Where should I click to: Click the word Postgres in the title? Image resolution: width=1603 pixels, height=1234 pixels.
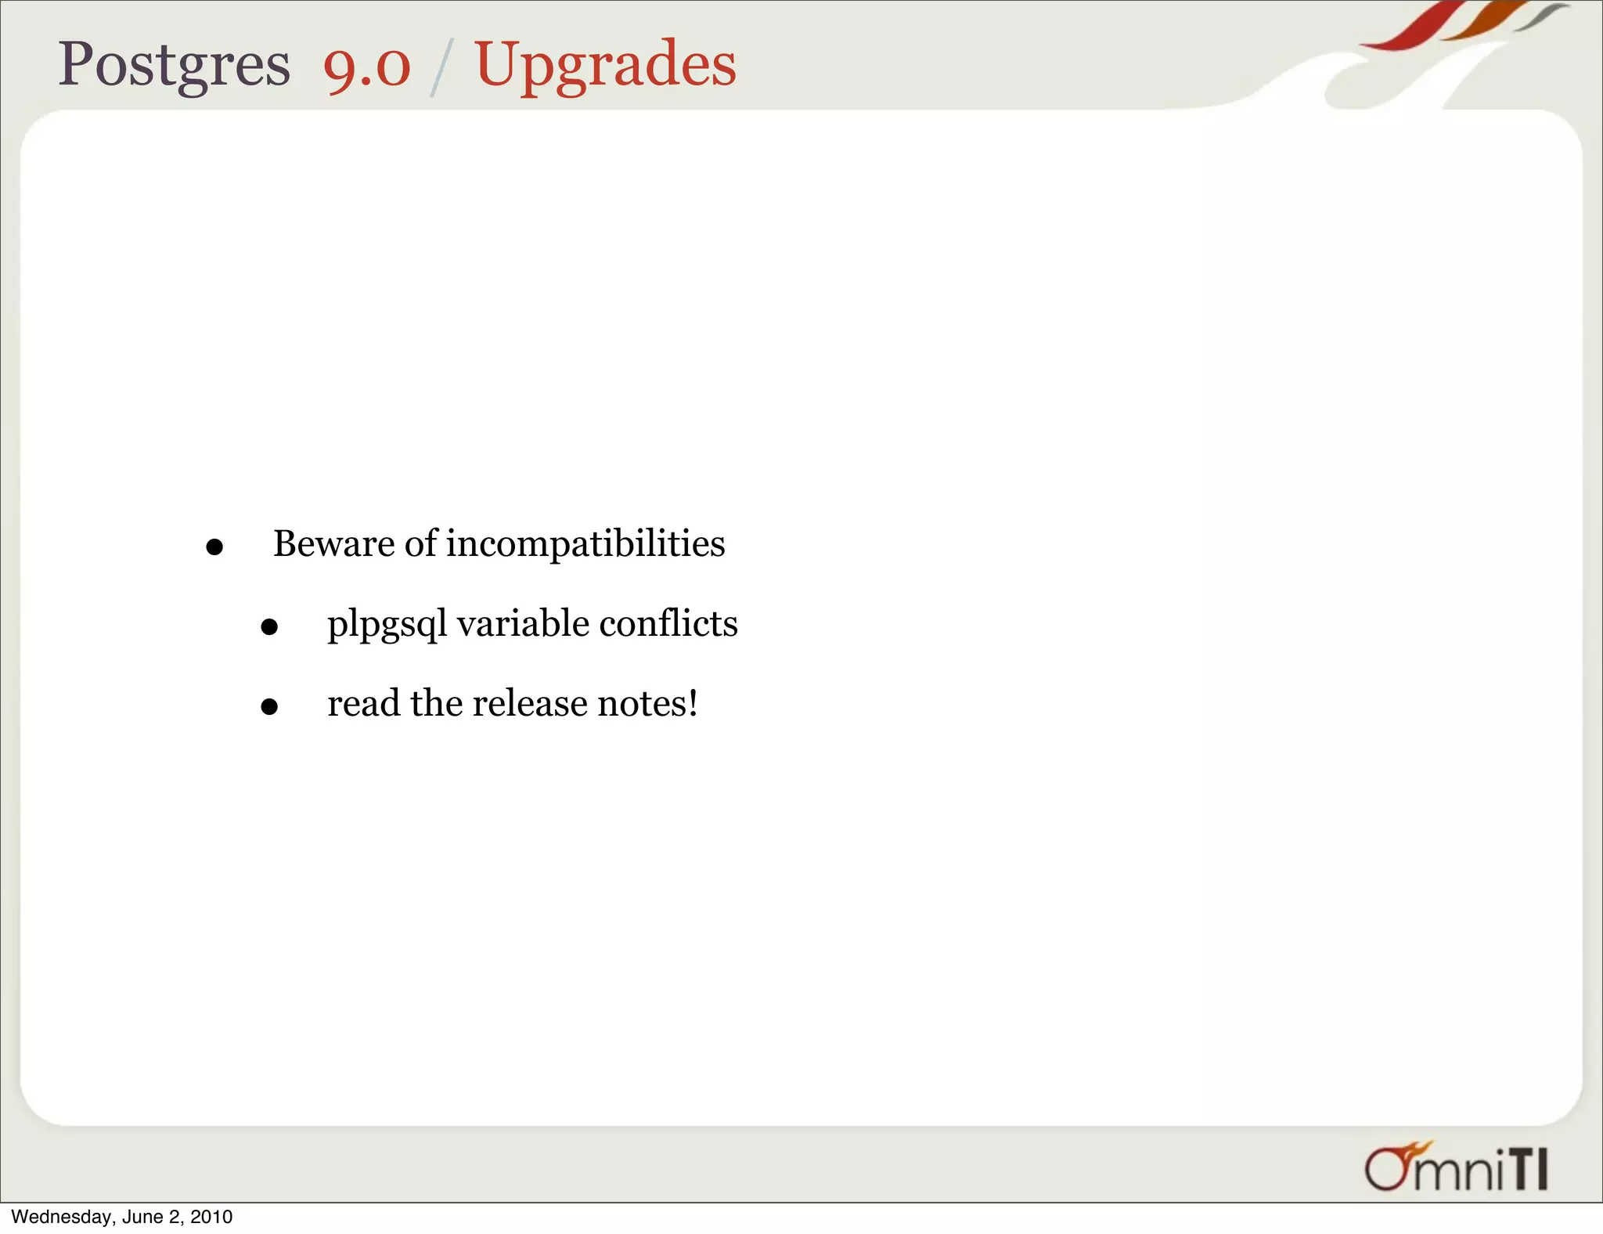coord(174,66)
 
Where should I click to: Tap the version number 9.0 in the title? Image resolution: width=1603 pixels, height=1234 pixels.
coord(366,66)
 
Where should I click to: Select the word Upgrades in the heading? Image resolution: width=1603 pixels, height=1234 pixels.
coord(605,66)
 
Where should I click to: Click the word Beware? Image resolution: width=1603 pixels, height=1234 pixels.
coord(333,543)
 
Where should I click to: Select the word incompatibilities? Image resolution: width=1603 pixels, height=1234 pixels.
coord(585,543)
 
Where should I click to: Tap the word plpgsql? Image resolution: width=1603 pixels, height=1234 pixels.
coord(387,625)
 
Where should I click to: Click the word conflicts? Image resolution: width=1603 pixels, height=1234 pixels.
coord(668,623)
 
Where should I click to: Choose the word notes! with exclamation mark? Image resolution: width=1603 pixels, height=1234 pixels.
coord(647,703)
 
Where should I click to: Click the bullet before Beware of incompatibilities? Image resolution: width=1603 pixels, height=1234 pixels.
coord(214,547)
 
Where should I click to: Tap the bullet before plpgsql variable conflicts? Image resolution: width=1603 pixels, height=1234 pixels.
coord(269,626)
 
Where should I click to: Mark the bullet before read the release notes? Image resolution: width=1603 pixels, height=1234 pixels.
coord(269,706)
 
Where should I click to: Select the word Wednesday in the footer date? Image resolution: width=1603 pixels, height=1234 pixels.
coord(62,1217)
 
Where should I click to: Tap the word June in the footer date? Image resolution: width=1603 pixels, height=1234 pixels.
coord(142,1217)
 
